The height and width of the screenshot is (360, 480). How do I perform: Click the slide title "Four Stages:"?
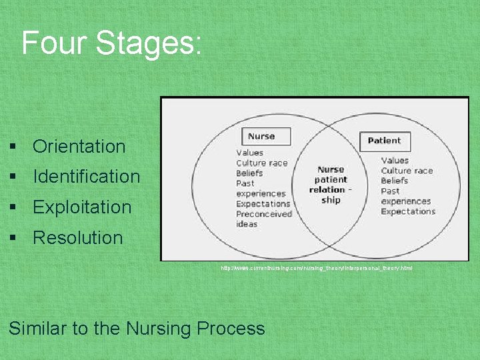pyautogui.click(x=111, y=43)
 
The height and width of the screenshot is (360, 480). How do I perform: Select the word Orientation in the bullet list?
pyautogui.click(x=79, y=147)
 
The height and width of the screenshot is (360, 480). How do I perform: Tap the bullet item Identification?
pyautogui.click(x=86, y=177)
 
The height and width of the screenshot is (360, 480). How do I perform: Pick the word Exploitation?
pyautogui.click(x=82, y=207)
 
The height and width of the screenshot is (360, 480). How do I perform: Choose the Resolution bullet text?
pyautogui.click(x=77, y=238)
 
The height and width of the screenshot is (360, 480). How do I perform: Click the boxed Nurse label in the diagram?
pyautogui.click(x=261, y=137)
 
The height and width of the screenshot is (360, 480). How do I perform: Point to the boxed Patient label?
pyautogui.click(x=385, y=141)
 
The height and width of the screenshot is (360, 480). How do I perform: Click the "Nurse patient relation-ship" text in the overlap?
pyautogui.click(x=331, y=185)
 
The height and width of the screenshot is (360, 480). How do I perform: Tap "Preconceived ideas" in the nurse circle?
pyautogui.click(x=263, y=219)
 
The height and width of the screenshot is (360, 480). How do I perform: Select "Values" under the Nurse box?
pyautogui.click(x=249, y=153)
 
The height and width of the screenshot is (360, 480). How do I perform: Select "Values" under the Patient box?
pyautogui.click(x=395, y=160)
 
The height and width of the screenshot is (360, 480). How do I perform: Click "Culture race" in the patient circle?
pyautogui.click(x=407, y=171)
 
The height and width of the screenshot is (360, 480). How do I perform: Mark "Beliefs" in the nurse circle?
pyautogui.click(x=249, y=173)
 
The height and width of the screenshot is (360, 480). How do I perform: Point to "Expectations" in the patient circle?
pyautogui.click(x=408, y=211)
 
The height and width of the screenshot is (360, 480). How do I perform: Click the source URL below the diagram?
pyautogui.click(x=317, y=268)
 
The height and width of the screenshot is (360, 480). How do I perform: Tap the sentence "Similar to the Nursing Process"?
pyautogui.click(x=137, y=329)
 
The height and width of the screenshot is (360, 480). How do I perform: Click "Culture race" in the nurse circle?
pyautogui.click(x=261, y=163)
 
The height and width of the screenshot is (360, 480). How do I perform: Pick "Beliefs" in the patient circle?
pyautogui.click(x=395, y=181)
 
